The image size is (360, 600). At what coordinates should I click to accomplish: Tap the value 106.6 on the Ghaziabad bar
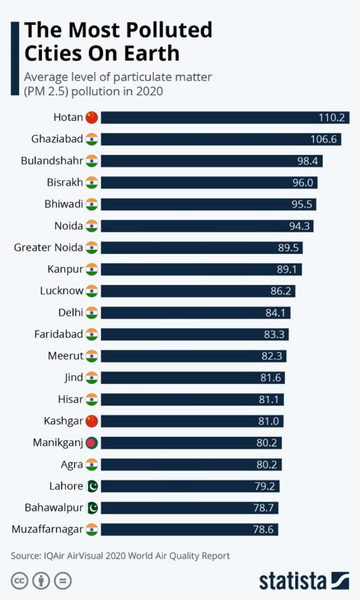tap(324, 139)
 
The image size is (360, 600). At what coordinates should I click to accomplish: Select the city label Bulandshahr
tap(52, 161)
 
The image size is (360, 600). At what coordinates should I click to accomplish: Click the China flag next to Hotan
tap(91, 118)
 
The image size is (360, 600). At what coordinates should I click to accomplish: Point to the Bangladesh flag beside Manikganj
tap(91, 442)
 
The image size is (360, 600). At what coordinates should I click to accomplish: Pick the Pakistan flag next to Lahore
tap(91, 486)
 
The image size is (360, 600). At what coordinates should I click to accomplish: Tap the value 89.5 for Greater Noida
tap(288, 248)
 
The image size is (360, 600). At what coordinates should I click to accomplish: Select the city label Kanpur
tap(65, 270)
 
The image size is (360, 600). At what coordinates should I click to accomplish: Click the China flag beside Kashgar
tap(91, 421)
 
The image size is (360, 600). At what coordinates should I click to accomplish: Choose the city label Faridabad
tap(59, 335)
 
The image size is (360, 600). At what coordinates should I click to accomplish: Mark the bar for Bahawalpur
tap(188, 507)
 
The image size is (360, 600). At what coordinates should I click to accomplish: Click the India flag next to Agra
tap(91, 464)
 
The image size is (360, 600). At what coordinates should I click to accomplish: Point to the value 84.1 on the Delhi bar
tap(275, 313)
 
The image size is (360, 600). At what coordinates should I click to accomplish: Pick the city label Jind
tap(73, 378)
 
